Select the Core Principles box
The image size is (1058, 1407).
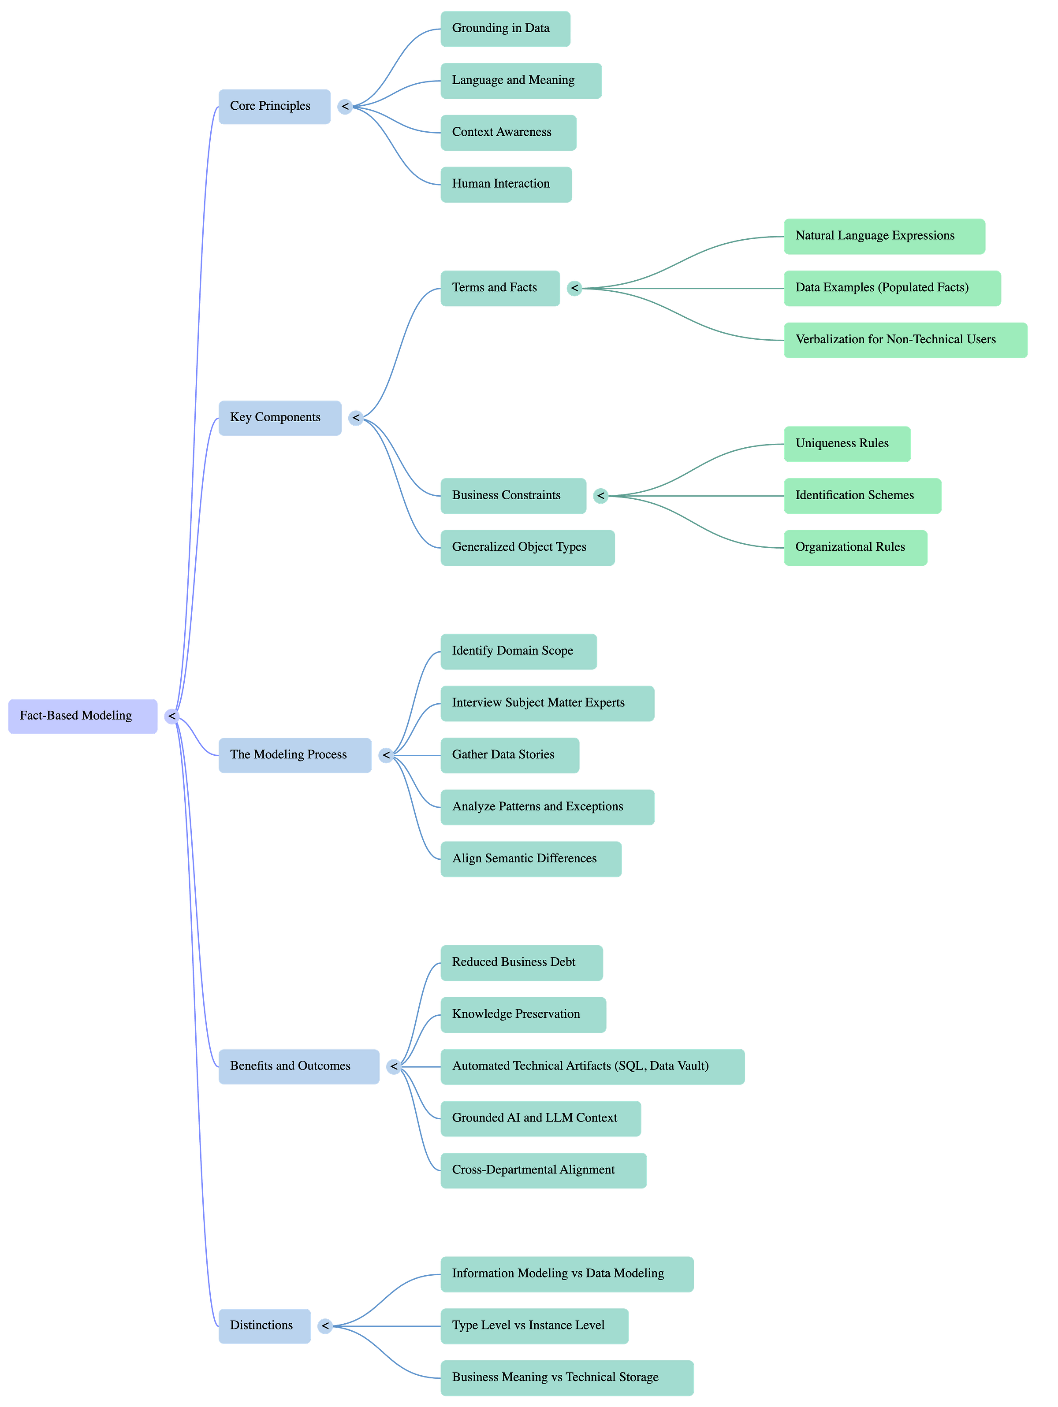pos(274,106)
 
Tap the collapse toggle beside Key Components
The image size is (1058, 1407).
pos(355,418)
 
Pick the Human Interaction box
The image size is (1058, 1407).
pos(506,185)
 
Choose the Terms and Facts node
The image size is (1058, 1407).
pos(500,288)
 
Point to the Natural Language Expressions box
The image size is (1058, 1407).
pos(884,236)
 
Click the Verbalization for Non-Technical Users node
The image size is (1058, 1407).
pos(905,340)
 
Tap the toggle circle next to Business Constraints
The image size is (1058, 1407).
pos(600,495)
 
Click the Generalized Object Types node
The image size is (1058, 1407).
pos(527,547)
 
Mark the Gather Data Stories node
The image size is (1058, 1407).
pos(510,755)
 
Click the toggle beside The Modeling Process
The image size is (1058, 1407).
pos(386,755)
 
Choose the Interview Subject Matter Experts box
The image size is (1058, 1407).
pos(547,703)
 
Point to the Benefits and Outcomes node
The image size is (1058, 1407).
pos(298,1066)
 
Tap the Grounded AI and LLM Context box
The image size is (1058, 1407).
pos(540,1118)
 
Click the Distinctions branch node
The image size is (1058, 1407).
pos(264,1325)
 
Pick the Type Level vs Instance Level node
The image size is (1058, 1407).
pos(534,1325)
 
